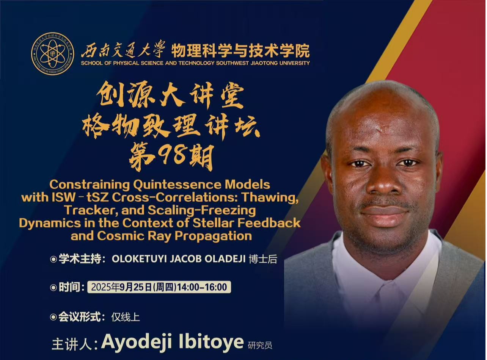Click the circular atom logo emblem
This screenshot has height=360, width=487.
[x=53, y=54]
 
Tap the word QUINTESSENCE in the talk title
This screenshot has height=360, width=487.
[x=177, y=185]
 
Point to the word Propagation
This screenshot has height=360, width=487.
[x=213, y=236]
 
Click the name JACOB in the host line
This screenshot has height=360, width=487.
[x=185, y=259]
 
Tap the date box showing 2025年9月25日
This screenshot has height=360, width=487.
[x=159, y=287]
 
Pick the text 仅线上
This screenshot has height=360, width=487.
[x=126, y=317]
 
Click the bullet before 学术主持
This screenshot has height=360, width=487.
[x=53, y=259]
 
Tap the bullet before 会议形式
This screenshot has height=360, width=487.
[x=53, y=317]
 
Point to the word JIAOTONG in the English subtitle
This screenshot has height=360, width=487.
[x=263, y=63]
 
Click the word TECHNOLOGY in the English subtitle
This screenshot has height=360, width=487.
[x=196, y=63]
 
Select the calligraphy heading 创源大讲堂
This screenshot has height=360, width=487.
[x=170, y=97]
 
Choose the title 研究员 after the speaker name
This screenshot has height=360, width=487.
[x=260, y=346]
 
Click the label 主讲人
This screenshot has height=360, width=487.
[x=72, y=345]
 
